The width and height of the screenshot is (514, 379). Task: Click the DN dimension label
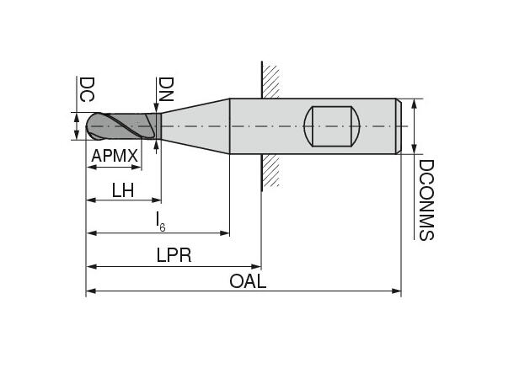(166, 89)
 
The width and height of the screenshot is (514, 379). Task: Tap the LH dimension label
(123, 190)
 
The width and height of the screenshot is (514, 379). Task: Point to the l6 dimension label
(159, 222)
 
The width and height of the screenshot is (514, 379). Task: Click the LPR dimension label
(174, 255)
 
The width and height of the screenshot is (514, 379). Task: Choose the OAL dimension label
(248, 281)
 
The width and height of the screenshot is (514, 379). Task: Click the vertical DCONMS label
(426, 200)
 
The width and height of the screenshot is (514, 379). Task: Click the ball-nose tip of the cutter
(93, 127)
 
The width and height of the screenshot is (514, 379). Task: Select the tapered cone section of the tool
(194, 126)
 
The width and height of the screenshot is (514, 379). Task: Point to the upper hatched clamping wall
(270, 80)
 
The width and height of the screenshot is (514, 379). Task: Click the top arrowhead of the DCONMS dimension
(413, 104)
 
